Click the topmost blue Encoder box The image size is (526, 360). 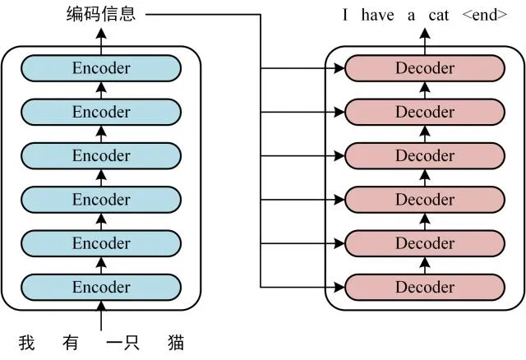pos(101,68)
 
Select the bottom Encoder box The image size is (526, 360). pos(101,287)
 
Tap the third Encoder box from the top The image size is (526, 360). pos(101,155)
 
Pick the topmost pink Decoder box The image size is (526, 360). pos(424,68)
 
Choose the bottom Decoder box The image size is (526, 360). pos(424,287)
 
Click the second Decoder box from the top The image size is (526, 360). pos(424,112)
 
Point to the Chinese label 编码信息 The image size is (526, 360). pos(101,14)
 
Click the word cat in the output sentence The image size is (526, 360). pos(439,14)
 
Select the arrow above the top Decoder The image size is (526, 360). pos(424,37)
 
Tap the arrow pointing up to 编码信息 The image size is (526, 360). pos(101,37)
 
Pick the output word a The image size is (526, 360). pos(411,14)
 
